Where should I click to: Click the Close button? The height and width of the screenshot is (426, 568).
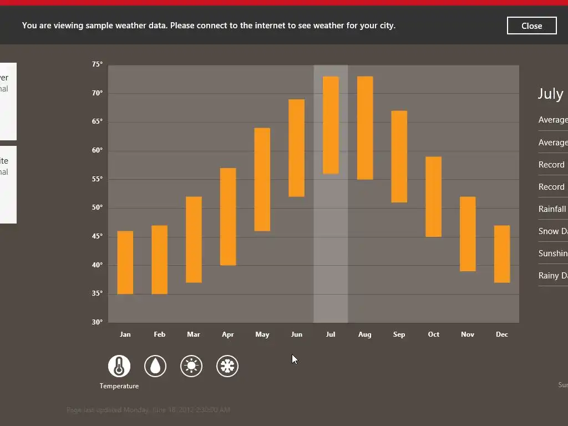pyautogui.click(x=531, y=26)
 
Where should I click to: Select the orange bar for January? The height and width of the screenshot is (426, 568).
pyautogui.click(x=125, y=262)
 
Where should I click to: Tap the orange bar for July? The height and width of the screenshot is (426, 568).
pyautogui.click(x=331, y=125)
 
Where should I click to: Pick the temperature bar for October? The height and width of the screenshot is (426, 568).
pyautogui.click(x=433, y=197)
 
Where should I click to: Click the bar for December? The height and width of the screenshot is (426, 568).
pyautogui.click(x=502, y=254)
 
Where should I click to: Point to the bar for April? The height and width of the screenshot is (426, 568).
pyautogui.click(x=228, y=216)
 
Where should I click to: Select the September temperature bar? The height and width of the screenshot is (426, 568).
pyautogui.click(x=399, y=156)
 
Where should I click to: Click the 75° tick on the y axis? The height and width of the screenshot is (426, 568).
pyautogui.click(x=98, y=64)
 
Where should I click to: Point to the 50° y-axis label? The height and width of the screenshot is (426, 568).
pyautogui.click(x=98, y=207)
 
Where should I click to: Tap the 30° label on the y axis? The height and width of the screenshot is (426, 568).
pyautogui.click(x=98, y=322)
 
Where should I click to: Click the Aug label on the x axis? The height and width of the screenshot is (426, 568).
pyautogui.click(x=364, y=334)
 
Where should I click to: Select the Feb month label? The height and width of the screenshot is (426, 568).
pyautogui.click(x=159, y=334)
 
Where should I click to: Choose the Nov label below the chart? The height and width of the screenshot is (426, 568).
pyautogui.click(x=468, y=334)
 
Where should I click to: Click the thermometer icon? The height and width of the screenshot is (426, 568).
pyautogui.click(x=119, y=366)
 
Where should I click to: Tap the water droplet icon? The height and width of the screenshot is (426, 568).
pyautogui.click(x=155, y=366)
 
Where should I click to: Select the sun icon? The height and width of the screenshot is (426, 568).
pyautogui.click(x=191, y=366)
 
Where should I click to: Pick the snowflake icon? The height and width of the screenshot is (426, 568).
pyautogui.click(x=227, y=366)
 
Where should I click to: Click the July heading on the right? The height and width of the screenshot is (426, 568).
pyautogui.click(x=550, y=94)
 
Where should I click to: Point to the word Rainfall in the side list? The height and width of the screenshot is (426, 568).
pyautogui.click(x=552, y=209)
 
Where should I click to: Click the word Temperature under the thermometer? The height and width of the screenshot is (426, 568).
pyautogui.click(x=119, y=386)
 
